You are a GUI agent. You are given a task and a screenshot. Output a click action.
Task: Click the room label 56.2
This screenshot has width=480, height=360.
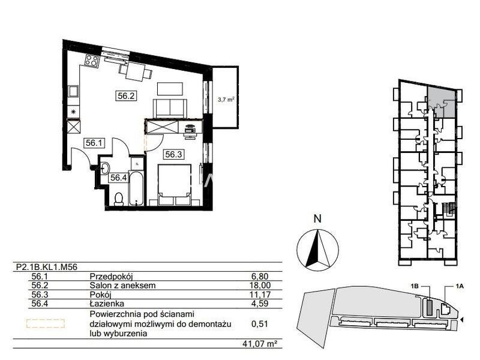click(x=126, y=96)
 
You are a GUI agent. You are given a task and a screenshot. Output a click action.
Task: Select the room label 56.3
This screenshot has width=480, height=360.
click(x=173, y=155)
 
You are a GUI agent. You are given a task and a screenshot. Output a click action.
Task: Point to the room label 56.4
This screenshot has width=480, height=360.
click(x=118, y=178)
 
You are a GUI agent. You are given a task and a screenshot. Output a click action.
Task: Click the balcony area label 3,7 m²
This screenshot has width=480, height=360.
click(x=226, y=99)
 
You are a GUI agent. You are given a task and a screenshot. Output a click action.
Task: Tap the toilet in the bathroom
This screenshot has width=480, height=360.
click(x=118, y=199)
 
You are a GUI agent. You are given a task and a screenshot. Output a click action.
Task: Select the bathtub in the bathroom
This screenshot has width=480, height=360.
click(x=136, y=188)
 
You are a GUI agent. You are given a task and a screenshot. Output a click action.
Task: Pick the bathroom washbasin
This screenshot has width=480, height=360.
click(x=105, y=169)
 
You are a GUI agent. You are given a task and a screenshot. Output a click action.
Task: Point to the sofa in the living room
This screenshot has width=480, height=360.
click(x=170, y=109)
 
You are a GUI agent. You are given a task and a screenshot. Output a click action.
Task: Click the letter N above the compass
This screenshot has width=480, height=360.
click(x=318, y=219)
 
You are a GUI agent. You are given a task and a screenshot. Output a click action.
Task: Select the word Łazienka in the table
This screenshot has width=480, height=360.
click(x=107, y=304)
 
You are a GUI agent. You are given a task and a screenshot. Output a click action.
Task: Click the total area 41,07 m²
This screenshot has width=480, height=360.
click(x=257, y=344)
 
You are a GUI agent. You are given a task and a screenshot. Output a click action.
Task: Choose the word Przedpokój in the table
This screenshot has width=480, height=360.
click(x=111, y=277)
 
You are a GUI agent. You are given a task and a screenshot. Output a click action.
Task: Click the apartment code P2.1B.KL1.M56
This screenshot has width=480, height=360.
click(x=47, y=267)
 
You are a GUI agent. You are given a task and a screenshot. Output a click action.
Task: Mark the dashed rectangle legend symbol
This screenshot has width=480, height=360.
click(x=46, y=323)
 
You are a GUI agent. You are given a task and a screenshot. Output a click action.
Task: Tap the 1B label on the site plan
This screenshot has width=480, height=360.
click(x=415, y=286)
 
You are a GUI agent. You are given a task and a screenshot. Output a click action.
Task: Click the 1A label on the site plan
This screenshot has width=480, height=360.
click(x=460, y=286)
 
